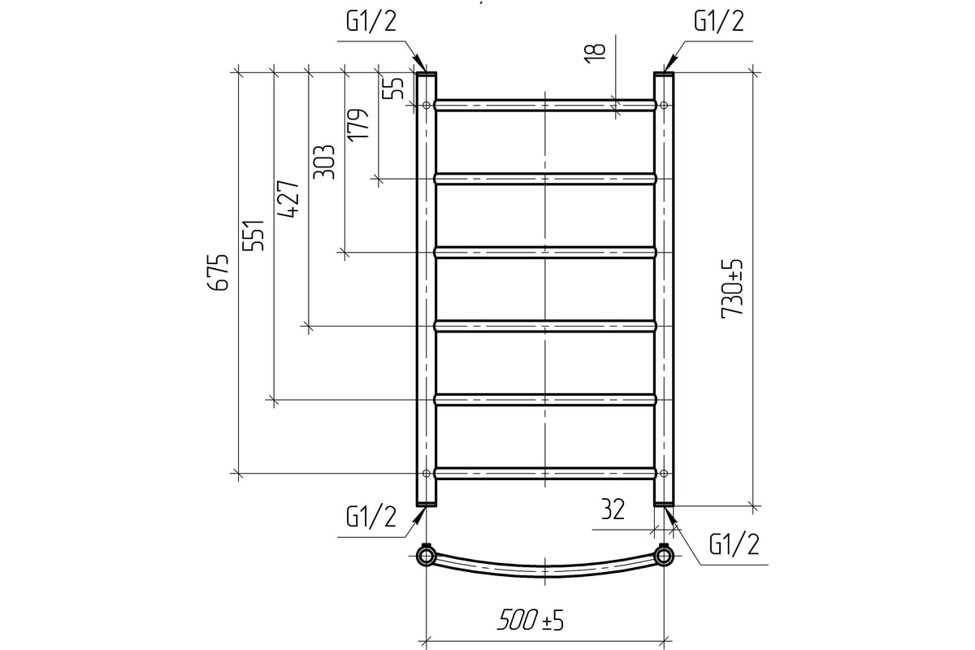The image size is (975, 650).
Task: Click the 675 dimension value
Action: (x=218, y=272)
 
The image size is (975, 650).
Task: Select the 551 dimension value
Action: (x=253, y=235)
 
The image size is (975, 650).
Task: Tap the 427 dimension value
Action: (x=288, y=199)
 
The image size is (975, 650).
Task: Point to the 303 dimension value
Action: (x=324, y=162)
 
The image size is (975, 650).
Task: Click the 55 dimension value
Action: (x=393, y=88)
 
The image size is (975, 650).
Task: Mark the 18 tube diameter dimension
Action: (x=596, y=54)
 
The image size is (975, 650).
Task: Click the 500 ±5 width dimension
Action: (x=531, y=620)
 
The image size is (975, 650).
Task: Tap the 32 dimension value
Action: (x=613, y=509)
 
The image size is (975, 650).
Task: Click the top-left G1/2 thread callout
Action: (x=371, y=21)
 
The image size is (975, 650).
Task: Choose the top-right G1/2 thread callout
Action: (x=718, y=21)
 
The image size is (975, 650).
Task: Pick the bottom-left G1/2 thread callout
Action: (x=371, y=518)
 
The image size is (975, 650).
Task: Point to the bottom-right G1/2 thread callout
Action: (x=734, y=544)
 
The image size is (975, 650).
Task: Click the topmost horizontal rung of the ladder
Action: (x=545, y=105)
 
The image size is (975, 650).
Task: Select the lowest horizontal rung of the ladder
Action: (x=545, y=473)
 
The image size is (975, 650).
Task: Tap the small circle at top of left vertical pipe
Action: (x=426, y=105)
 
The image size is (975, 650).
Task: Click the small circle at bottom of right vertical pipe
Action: (x=664, y=473)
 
